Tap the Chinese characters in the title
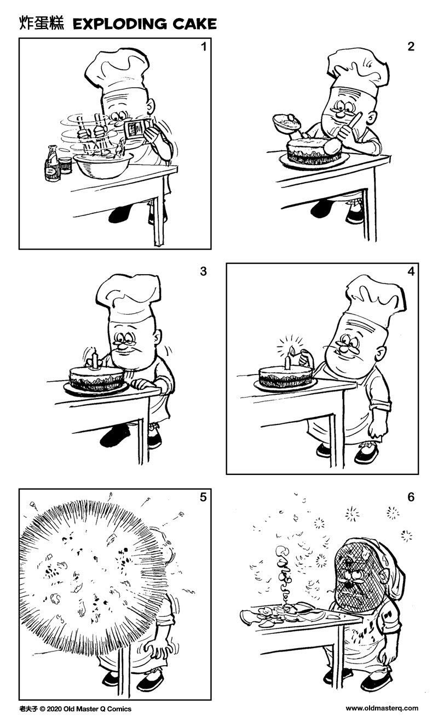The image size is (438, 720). pos(42,23)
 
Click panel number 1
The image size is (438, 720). pos(204,47)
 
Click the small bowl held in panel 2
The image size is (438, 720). pos(288,122)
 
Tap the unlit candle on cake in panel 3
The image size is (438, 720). pos(94,360)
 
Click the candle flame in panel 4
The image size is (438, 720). pos(292,350)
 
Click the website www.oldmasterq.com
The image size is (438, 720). pos(382,708)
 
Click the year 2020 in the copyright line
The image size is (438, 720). pos(54,708)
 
